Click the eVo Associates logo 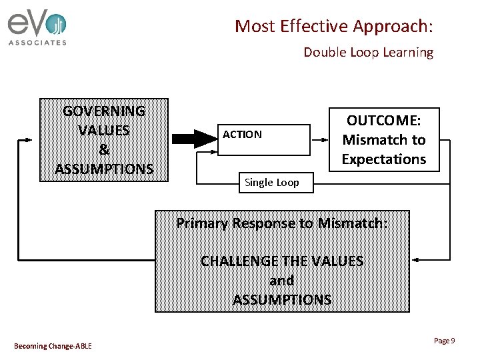pos(37,28)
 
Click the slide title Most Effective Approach pos(333,26)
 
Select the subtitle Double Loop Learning pos(368,52)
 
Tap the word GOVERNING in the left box pos(103,111)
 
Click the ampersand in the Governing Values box pos(104,149)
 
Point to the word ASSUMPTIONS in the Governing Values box pos(104,169)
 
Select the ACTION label pos(242,135)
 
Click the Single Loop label pos(272,183)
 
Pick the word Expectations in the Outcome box pos(383,159)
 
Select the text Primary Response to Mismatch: pos(281,223)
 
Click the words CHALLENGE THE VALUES pos(282,261)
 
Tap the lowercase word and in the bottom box pos(281,280)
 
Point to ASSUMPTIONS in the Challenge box pos(282,299)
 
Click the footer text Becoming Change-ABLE pos(53,345)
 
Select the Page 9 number pos(444,341)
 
